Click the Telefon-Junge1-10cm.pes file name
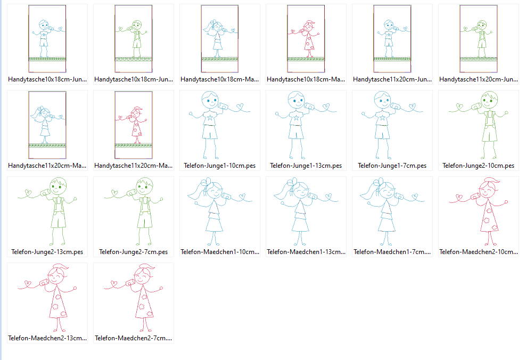(219, 166)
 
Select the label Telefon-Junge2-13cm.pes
(47, 252)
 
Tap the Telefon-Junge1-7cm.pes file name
(392, 166)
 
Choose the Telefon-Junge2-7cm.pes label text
(133, 252)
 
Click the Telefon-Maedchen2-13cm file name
(47, 338)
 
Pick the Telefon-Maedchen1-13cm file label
(306, 252)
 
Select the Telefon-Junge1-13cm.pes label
(306, 166)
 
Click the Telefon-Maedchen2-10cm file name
(479, 252)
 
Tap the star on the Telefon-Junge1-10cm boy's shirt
(210, 118)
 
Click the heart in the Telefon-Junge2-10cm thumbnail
(459, 108)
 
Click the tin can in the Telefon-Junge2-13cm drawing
(45, 193)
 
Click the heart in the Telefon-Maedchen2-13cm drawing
(28, 284)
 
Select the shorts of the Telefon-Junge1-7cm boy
(382, 132)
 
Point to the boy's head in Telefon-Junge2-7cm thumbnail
(144, 186)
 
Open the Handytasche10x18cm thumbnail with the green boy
(134, 38)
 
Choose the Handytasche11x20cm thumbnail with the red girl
(134, 125)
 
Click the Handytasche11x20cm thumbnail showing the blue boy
(392, 38)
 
